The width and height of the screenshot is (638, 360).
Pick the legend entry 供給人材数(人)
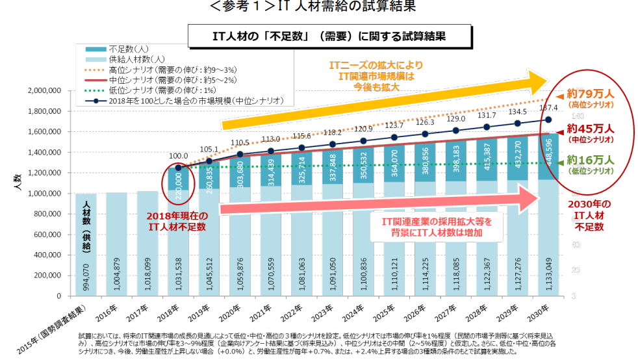pyautogui.click(x=136, y=59)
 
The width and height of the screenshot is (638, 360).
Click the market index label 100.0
pyautogui.click(x=178, y=156)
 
